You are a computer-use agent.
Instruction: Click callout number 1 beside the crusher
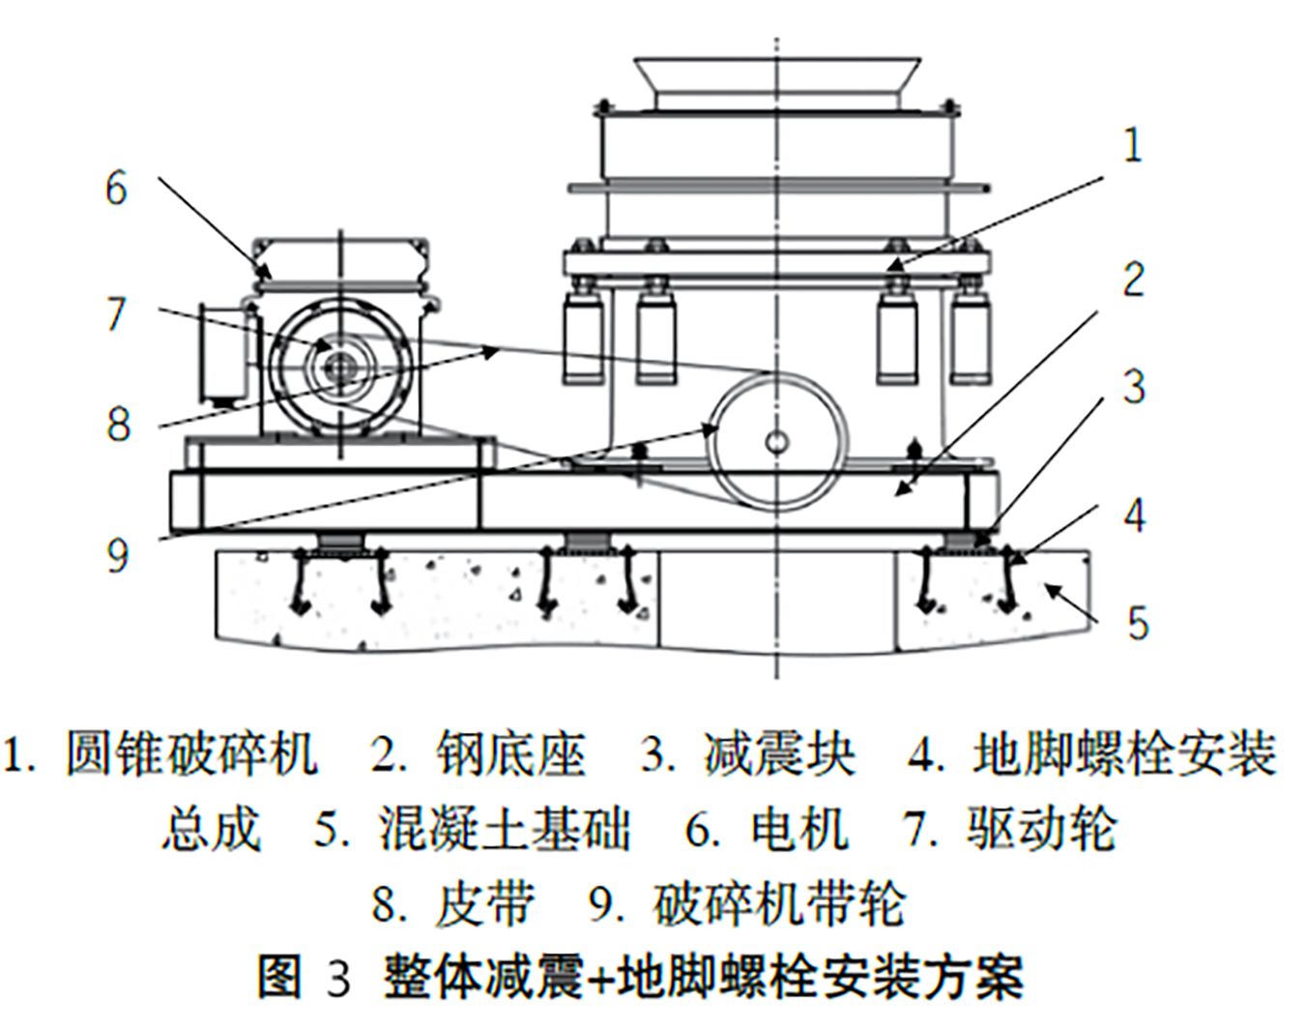(x=1132, y=146)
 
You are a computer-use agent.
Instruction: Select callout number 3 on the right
(x=1133, y=387)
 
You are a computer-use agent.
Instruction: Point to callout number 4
(x=1134, y=514)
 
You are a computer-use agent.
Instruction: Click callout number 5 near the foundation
(x=1137, y=622)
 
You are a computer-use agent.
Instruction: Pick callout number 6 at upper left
(x=116, y=188)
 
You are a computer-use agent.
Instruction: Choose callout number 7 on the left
(x=116, y=313)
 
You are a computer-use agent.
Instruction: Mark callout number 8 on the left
(x=117, y=424)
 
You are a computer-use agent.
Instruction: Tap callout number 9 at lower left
(x=117, y=555)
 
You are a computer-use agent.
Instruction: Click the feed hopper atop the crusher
(x=776, y=81)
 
